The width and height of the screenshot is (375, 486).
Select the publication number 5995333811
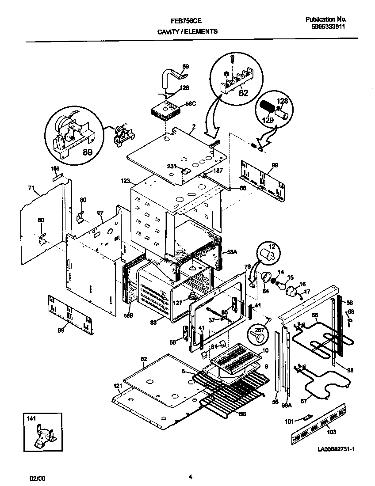(x=328, y=27)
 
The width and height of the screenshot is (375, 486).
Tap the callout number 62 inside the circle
(x=243, y=93)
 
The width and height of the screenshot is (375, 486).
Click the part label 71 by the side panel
(x=31, y=188)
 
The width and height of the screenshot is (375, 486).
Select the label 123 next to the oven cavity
(x=125, y=181)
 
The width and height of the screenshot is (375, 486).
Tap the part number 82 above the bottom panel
(x=143, y=359)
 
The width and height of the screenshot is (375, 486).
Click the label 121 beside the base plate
(x=117, y=386)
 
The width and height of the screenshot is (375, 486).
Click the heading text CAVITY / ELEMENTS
(x=187, y=31)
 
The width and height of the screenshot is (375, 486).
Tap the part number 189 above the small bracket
(x=55, y=169)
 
